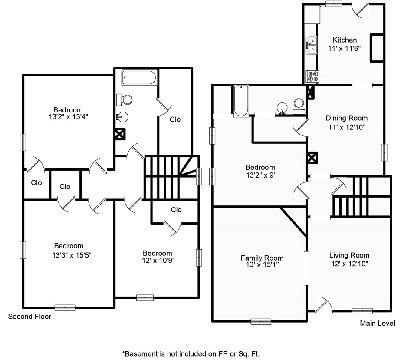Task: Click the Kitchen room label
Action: tap(345, 40)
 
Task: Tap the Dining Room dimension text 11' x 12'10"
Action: tap(347, 127)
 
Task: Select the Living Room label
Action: tap(349, 255)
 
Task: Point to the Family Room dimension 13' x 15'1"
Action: tap(262, 264)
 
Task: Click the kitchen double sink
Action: tap(312, 45)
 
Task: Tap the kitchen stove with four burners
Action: tap(312, 76)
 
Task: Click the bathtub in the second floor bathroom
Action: tap(139, 78)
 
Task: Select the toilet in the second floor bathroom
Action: tap(124, 100)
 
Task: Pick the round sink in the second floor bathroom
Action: tap(122, 116)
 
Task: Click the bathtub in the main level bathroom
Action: tap(241, 101)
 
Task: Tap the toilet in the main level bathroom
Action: tap(299, 106)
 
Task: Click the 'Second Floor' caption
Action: tap(30, 317)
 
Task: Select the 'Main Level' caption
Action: tap(377, 323)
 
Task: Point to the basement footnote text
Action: tap(191, 354)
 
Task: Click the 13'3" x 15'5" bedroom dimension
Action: tap(72, 255)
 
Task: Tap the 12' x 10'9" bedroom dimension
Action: tap(158, 261)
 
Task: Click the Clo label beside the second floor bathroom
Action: tap(175, 119)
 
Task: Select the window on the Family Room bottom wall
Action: tap(261, 321)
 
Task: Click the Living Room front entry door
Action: tap(324, 305)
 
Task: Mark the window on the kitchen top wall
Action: tap(333, 3)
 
